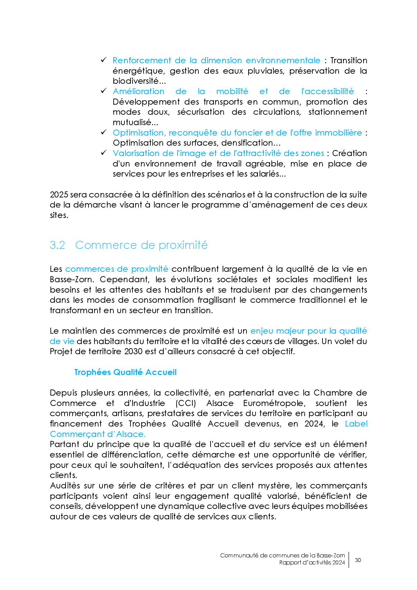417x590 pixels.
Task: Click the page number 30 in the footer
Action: pyautogui.click(x=358, y=560)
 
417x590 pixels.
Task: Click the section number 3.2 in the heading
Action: pyautogui.click(x=57, y=245)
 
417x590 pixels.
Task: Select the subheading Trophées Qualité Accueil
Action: pyautogui.click(x=125, y=372)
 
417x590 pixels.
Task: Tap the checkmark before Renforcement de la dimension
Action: pyautogui.click(x=104, y=60)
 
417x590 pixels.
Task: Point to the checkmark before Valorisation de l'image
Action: pyautogui.click(x=104, y=153)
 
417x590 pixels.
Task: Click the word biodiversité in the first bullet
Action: pyautogui.click(x=135, y=81)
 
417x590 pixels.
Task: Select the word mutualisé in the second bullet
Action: pyautogui.click(x=132, y=122)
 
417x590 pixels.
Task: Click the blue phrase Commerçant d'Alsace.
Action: pyautogui.click(x=98, y=434)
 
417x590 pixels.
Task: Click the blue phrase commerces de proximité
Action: pyautogui.click(x=116, y=269)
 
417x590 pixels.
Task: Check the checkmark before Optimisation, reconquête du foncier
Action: pyautogui.click(x=104, y=133)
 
